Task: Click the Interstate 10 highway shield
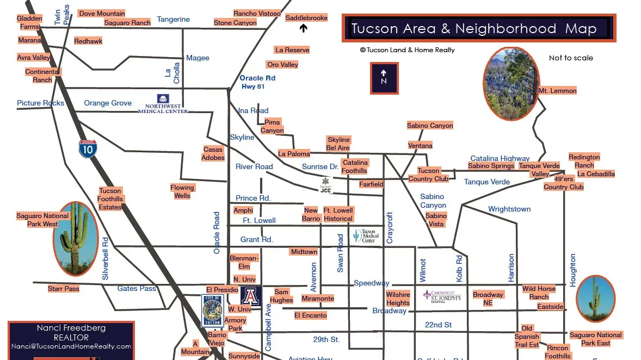click(88, 148)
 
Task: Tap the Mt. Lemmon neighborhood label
click(557, 91)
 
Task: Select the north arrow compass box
click(384, 78)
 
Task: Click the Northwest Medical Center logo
click(163, 103)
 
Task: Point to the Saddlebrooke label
click(306, 18)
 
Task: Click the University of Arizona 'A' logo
click(251, 296)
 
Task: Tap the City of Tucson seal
click(212, 311)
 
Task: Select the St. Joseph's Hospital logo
click(442, 296)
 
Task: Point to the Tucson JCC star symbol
click(325, 183)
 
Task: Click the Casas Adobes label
click(213, 153)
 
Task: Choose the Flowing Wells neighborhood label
click(182, 191)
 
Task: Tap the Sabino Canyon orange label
click(430, 126)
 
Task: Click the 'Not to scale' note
click(571, 58)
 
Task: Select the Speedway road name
click(372, 283)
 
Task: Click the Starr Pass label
click(64, 289)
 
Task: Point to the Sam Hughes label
click(281, 296)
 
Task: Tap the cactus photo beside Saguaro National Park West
click(76, 238)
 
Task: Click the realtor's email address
click(71, 346)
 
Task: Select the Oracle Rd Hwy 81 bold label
click(257, 82)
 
